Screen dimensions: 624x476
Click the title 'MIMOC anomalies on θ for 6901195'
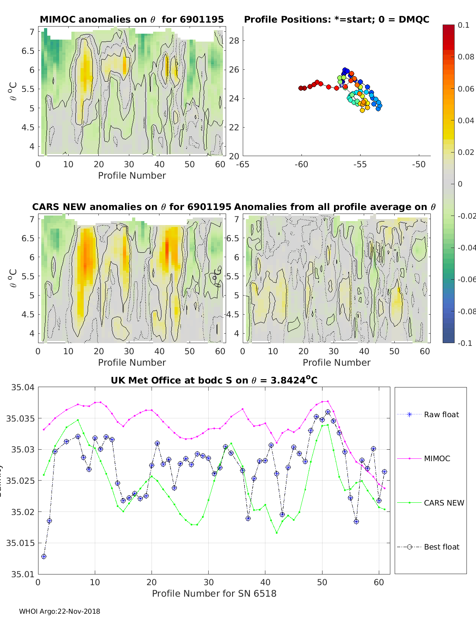pos(132,19)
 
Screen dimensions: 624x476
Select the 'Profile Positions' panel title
pos(336,19)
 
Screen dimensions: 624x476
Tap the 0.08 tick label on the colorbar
pos(466,57)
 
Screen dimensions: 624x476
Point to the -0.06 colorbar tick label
pos(466,279)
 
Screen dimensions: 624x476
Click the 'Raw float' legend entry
pos(441,414)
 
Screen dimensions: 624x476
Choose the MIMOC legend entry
pos(437,458)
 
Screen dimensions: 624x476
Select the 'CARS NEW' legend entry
pos(443,503)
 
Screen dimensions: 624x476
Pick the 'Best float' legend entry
pos(441,547)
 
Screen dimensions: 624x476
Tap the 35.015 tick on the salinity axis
pos(22,543)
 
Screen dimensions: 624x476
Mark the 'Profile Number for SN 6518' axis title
pos(214,593)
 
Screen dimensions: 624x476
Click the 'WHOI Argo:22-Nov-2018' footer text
pos(59,611)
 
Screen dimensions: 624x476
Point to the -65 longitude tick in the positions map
pos(243,164)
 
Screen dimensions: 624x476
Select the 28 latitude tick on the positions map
pos(235,40)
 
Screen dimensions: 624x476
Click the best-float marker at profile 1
pos(44,556)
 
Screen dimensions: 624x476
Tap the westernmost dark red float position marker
pos(301,88)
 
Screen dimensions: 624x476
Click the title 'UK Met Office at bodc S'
pos(214,380)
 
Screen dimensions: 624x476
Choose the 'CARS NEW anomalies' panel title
pos(131,207)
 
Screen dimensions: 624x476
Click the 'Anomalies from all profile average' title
pos(335,207)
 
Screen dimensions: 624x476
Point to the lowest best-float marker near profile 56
pos(356,521)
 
